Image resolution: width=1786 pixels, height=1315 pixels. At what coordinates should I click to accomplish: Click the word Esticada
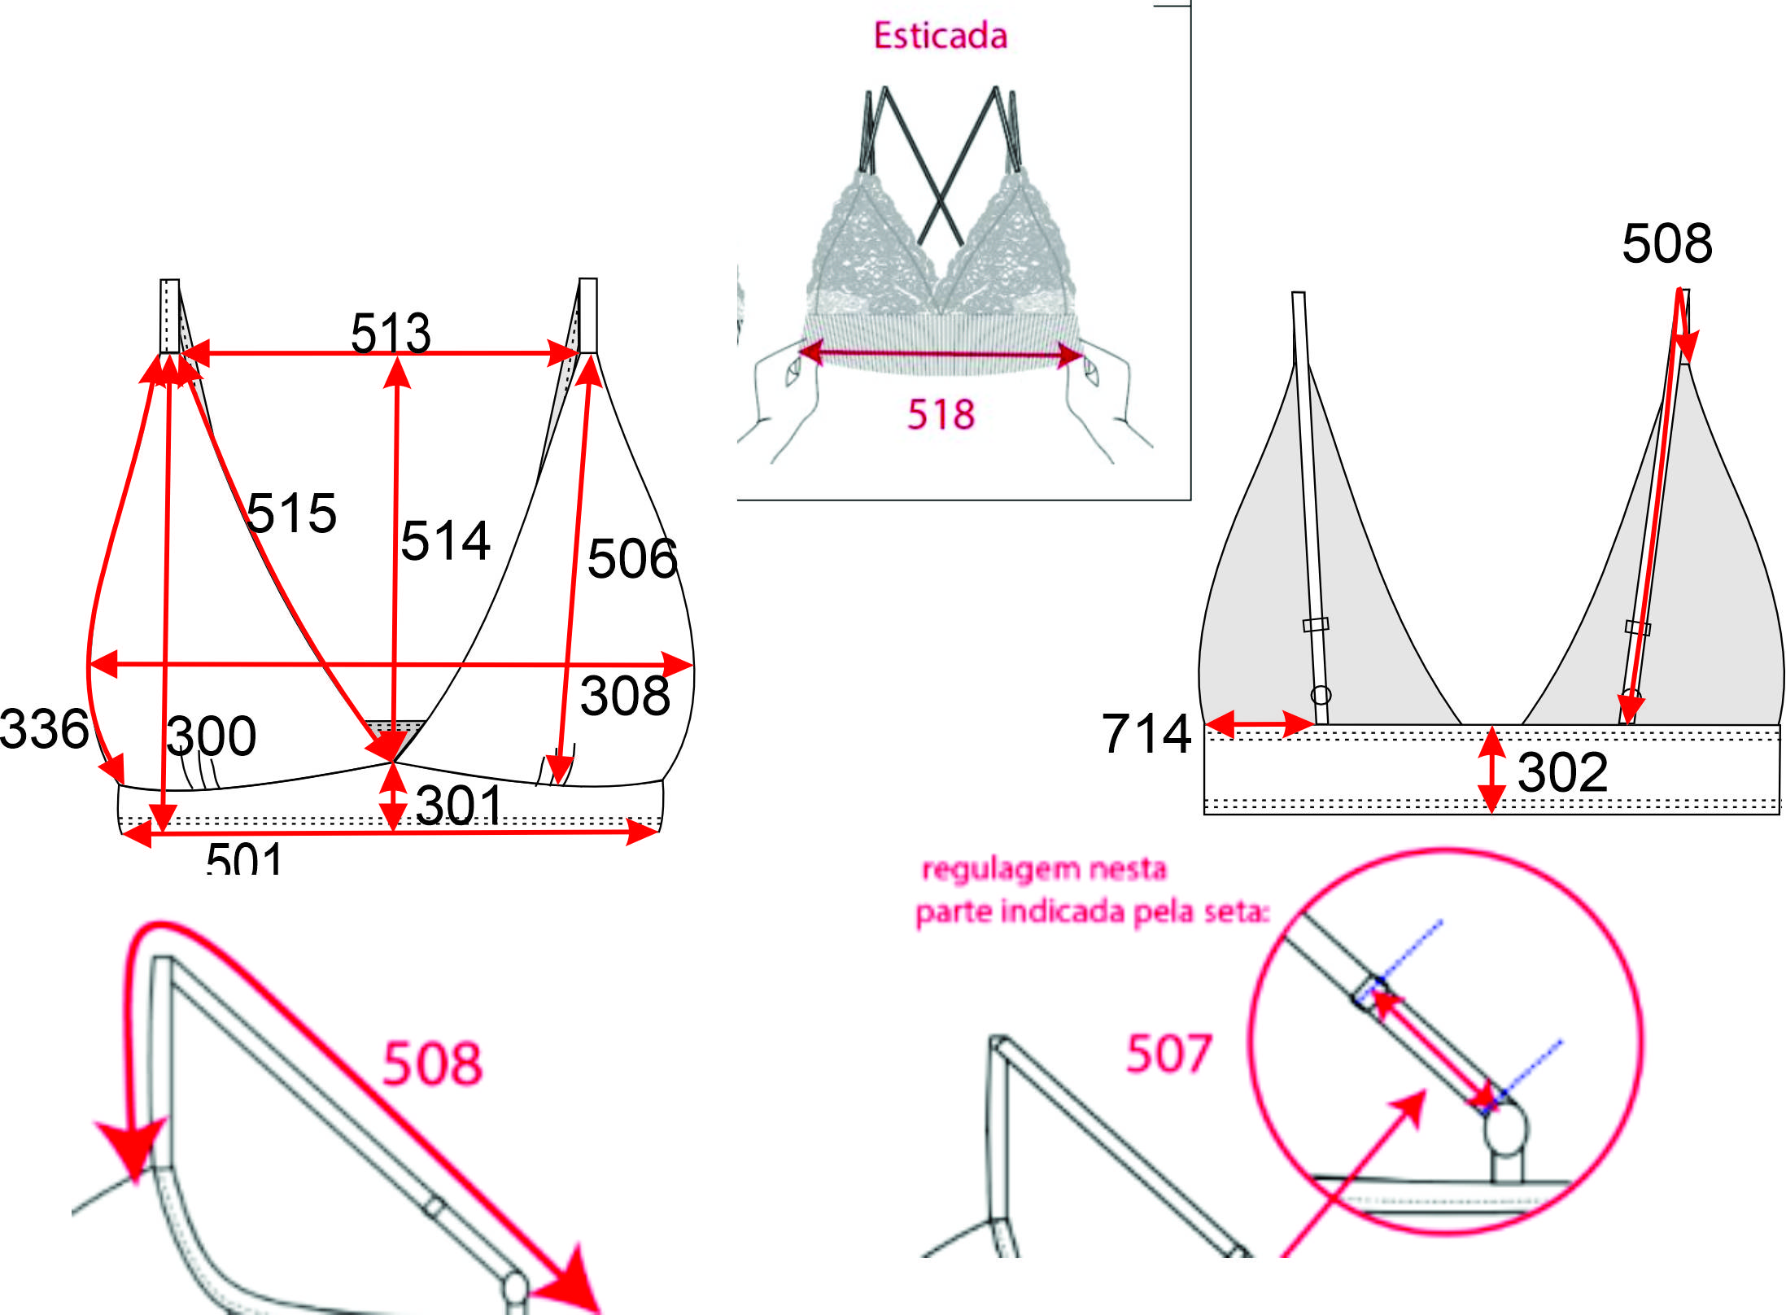click(941, 36)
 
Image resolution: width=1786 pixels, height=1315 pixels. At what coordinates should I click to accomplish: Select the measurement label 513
click(391, 333)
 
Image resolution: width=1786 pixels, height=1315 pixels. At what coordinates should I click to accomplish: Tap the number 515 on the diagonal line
click(291, 513)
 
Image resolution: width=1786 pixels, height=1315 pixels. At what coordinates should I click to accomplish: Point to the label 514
click(446, 540)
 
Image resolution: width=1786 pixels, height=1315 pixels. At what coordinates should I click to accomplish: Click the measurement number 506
click(632, 559)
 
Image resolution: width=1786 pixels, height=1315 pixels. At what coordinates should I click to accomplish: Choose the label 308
click(625, 696)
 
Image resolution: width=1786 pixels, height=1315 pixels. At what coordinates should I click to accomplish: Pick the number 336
click(45, 728)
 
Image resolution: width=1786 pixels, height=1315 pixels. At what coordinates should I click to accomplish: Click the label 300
click(212, 736)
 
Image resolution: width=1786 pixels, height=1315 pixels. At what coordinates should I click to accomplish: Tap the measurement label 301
click(460, 806)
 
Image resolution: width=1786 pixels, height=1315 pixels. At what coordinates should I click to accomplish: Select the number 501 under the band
click(244, 858)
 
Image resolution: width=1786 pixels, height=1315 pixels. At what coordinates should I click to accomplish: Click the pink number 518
click(941, 414)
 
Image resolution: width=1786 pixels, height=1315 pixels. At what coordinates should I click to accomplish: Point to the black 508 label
click(1667, 243)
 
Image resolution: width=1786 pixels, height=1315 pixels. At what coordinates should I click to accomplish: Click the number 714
click(1146, 733)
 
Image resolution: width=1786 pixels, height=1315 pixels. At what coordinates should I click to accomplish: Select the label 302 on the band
click(1563, 772)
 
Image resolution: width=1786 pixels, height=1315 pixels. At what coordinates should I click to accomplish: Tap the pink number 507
click(1168, 1054)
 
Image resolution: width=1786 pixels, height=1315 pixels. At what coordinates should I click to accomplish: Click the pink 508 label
click(432, 1064)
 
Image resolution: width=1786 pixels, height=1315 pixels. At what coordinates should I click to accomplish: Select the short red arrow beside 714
click(1260, 723)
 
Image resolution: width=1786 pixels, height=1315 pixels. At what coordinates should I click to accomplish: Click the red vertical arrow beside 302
click(1491, 769)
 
